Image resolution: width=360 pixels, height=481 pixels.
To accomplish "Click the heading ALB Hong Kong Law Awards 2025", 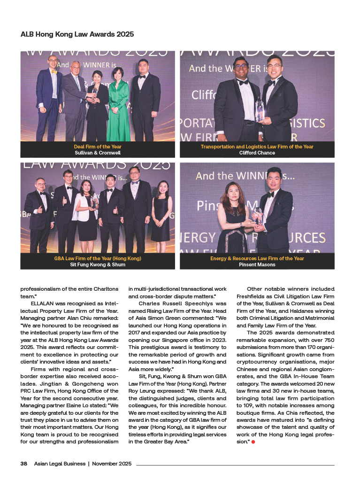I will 77,34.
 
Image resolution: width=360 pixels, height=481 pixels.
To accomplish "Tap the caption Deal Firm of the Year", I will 98,147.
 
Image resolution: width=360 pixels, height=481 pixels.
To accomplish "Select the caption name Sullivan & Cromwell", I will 98,153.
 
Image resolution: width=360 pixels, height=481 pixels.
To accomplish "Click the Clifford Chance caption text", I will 257,153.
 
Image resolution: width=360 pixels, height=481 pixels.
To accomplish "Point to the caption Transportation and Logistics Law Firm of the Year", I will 257,147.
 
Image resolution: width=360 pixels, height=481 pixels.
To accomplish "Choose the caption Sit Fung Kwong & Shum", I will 98,265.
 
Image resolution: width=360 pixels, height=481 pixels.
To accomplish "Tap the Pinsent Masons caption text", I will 257,265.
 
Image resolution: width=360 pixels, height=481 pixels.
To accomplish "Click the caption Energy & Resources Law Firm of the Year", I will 257,259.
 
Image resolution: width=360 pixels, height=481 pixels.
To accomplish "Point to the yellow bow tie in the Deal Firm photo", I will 54,72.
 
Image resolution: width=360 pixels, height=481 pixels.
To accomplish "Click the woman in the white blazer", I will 88,207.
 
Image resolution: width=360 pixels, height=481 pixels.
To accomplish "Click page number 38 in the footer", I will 23,464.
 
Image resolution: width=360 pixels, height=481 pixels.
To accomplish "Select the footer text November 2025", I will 112,464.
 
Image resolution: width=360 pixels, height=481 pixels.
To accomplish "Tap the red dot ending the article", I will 253,442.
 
